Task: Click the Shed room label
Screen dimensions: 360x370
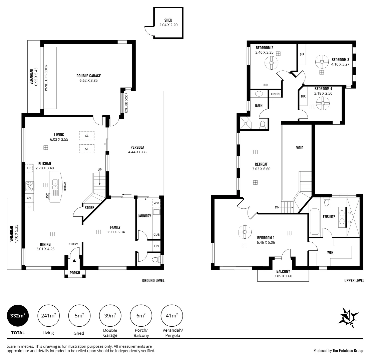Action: (x=168, y=20)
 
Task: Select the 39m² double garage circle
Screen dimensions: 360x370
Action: (x=110, y=316)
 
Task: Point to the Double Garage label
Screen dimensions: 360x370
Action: (x=88, y=76)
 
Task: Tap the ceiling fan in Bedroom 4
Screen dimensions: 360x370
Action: (x=323, y=103)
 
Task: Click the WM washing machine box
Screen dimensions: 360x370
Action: (x=156, y=203)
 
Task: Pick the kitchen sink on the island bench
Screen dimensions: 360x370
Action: (x=55, y=184)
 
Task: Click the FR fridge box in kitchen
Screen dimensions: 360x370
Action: (x=29, y=168)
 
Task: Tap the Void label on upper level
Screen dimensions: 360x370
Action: (x=300, y=147)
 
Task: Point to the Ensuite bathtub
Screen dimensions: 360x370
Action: (x=315, y=222)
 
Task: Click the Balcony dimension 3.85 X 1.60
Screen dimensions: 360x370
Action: (x=283, y=276)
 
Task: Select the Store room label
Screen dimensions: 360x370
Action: (x=89, y=207)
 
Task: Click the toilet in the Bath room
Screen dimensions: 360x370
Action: (x=263, y=124)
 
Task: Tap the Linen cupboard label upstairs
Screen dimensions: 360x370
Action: (x=275, y=94)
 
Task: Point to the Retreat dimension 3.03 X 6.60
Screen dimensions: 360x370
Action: (x=261, y=169)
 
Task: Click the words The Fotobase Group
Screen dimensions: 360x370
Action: (x=348, y=351)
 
